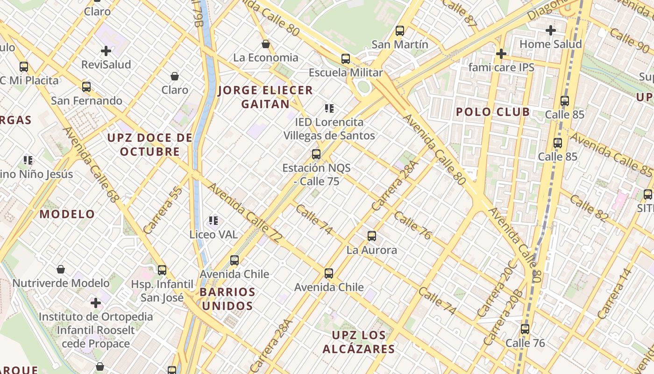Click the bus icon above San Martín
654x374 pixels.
coord(400,31)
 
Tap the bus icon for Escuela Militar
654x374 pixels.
coord(346,59)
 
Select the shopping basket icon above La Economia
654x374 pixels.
coord(266,44)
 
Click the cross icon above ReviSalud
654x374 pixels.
coord(106,50)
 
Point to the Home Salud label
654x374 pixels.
coord(551,44)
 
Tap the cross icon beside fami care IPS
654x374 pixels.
coord(501,54)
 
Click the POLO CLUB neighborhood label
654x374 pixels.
coord(493,112)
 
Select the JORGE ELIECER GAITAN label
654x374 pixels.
coord(265,97)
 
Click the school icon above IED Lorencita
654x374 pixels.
coord(329,108)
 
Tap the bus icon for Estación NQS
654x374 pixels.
coord(316,154)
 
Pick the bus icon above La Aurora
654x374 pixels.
coord(372,236)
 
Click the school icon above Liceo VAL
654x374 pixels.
coord(213,220)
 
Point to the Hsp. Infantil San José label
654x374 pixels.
coord(162,291)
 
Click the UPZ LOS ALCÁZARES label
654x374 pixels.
coord(359,342)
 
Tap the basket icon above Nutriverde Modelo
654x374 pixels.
coord(61,269)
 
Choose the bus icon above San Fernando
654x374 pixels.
coord(86,86)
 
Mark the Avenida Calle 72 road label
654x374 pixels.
coord(245,213)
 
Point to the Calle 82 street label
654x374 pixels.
coord(588,208)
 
